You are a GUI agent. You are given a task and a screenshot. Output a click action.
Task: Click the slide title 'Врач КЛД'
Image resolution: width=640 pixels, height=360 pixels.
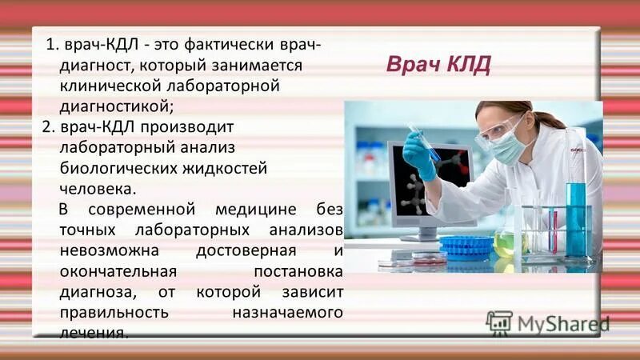coord(438,64)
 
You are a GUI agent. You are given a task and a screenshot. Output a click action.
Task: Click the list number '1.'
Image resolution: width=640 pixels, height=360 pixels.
coord(52,43)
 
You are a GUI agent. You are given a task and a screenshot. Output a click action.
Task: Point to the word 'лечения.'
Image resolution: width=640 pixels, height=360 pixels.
coord(94,332)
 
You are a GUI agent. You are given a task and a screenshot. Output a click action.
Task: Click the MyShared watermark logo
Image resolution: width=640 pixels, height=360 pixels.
coord(547,323)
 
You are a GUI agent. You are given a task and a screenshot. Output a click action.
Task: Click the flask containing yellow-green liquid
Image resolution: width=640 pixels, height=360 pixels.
coord(505,242)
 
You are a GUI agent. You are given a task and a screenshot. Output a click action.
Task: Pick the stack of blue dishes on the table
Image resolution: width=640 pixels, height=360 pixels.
coord(466,246)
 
